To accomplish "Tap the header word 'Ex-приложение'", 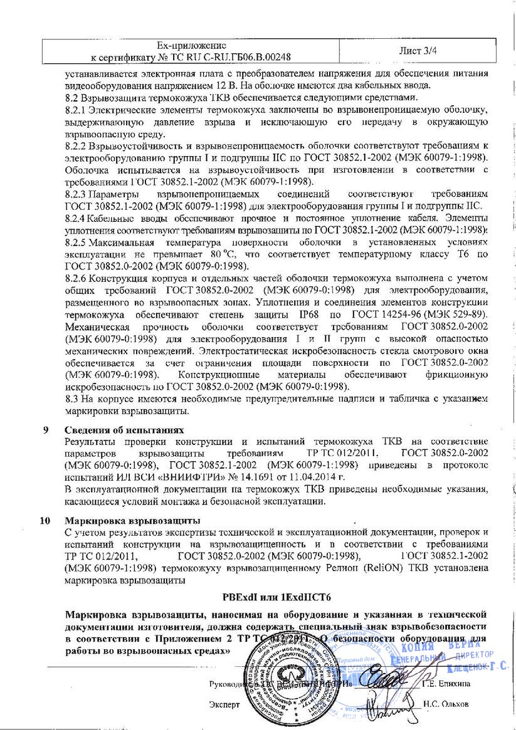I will coord(191,45).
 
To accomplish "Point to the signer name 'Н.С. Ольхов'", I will coord(446,704).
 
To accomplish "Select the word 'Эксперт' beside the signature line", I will coord(224,704).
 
